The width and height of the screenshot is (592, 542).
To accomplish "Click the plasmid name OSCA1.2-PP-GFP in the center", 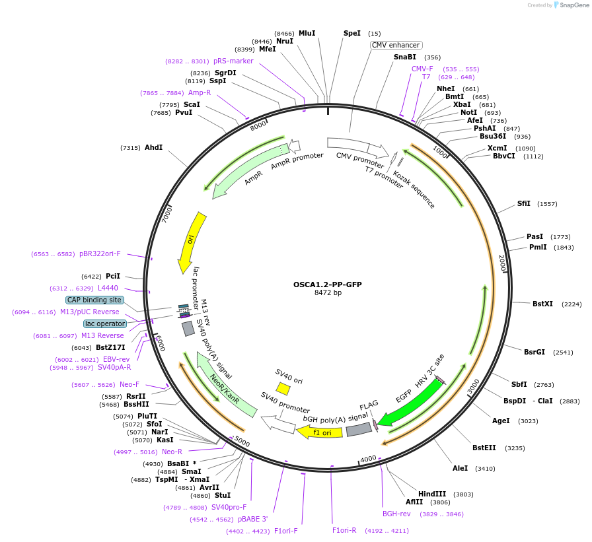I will (x=328, y=285).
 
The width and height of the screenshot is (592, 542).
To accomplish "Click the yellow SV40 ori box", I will (x=283, y=389).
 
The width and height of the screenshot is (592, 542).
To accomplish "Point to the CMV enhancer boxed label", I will (x=396, y=45).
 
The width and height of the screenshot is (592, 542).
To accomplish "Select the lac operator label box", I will (x=105, y=323).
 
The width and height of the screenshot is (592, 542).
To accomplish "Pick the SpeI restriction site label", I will (x=352, y=33).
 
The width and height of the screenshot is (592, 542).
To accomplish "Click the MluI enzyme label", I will (x=307, y=33).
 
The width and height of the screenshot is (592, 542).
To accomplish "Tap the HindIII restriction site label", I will (x=432, y=494).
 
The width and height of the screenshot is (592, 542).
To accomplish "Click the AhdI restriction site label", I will (x=153, y=147).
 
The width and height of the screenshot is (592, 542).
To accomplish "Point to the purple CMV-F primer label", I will (x=422, y=69).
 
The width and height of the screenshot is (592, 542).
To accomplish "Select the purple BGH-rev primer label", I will (x=396, y=514).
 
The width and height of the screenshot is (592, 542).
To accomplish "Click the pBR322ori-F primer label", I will (x=100, y=254).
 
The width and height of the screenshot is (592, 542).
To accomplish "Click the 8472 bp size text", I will (x=328, y=293).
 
